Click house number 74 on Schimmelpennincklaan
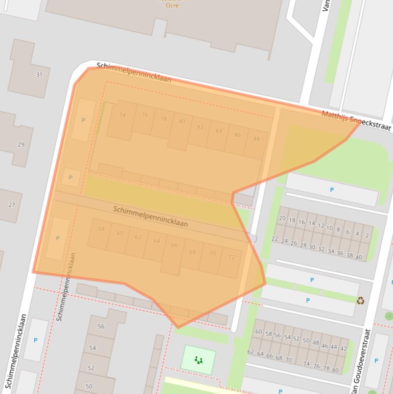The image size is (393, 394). pyautogui.click(x=122, y=116)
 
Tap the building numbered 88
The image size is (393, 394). pyautogui.click(x=256, y=139)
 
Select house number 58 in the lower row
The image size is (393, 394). pyautogui.click(x=101, y=229)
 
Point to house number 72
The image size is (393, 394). pyautogui.click(x=231, y=257)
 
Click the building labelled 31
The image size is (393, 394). pyautogui.click(x=39, y=75)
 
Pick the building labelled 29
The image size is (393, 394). pyautogui.click(x=21, y=145)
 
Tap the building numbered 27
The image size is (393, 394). pyautogui.click(x=11, y=205)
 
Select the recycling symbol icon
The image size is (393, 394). pyautogui.click(x=360, y=301)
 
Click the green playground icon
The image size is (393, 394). pyautogui.click(x=199, y=360)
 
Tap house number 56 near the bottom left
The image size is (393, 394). pyautogui.click(x=101, y=326)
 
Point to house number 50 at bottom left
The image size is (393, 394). pyautogui.click(x=89, y=386)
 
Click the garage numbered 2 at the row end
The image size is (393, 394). pyautogui.click(x=367, y=236)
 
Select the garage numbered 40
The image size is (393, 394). pyautogui.click(x=359, y=257)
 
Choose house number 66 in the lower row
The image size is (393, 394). pyautogui.click(x=174, y=245)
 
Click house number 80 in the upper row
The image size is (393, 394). pyautogui.click(x=182, y=121)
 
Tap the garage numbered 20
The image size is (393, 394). pyautogui.click(x=282, y=218)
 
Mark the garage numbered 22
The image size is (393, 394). pyautogui.click(x=275, y=239)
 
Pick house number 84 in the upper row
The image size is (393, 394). pyautogui.click(x=219, y=131)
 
